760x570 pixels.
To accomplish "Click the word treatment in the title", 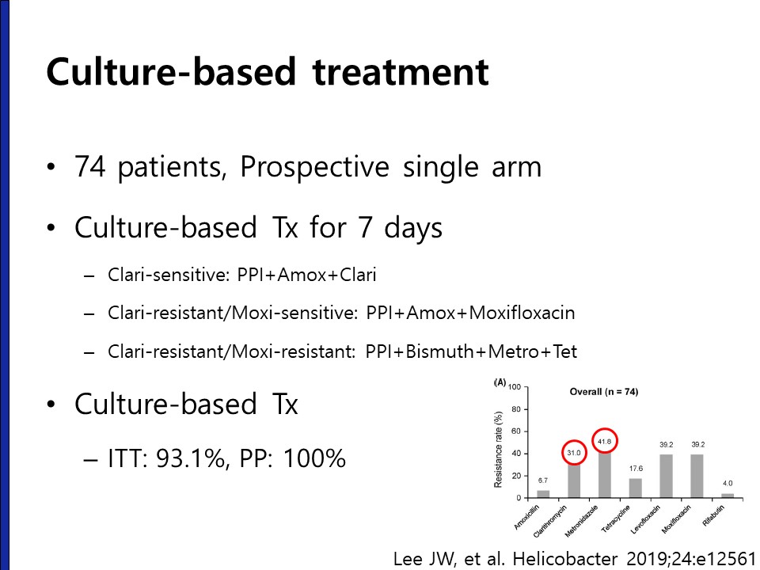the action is click(401, 72).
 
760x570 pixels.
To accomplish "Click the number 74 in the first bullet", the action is click(90, 166).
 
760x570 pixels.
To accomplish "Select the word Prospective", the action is click(314, 168).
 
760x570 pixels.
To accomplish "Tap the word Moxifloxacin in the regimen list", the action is click(522, 313).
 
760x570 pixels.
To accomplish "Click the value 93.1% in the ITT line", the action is click(190, 458).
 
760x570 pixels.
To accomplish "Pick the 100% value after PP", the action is click(314, 458).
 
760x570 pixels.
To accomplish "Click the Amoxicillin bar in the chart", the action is click(543, 494).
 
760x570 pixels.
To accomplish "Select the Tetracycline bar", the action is click(636, 488).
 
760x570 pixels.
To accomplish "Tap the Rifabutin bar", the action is click(728, 496).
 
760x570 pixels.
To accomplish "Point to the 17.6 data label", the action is click(636, 469).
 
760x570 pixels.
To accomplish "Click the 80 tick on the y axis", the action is click(515, 409).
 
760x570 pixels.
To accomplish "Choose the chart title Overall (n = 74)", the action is click(604, 392).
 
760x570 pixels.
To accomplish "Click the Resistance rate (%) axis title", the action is click(498, 450).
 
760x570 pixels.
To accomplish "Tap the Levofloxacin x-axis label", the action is click(645, 519).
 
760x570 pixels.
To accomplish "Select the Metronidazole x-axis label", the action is click(581, 521).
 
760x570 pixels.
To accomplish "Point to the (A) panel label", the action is click(500, 383).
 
